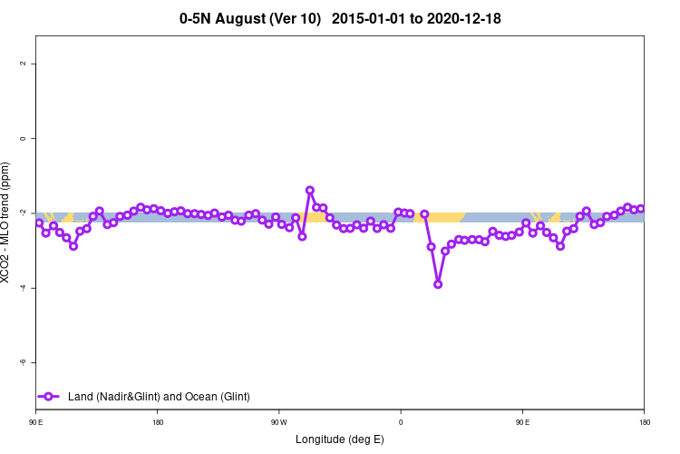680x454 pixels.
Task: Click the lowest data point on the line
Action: [438, 284]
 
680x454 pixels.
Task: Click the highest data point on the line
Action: [310, 191]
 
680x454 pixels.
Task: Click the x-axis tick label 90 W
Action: [278, 422]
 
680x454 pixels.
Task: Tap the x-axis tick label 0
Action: [401, 422]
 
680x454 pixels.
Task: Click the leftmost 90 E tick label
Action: [36, 422]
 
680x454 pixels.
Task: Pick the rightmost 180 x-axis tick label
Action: [644, 422]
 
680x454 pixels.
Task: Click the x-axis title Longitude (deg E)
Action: [340, 439]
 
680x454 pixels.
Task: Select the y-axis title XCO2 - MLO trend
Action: [7, 222]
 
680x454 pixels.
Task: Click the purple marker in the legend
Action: [51, 396]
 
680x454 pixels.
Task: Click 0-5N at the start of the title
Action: [199, 18]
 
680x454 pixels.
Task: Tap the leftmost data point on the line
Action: [39, 222]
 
